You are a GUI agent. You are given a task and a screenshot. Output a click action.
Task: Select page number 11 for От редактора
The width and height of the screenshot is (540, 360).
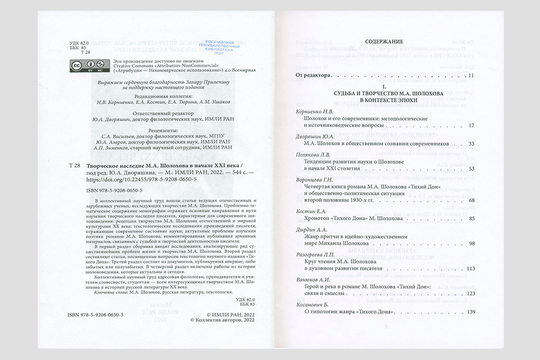[471, 75]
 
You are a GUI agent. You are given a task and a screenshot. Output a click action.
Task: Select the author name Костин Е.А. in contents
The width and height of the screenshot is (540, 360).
[310, 211]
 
